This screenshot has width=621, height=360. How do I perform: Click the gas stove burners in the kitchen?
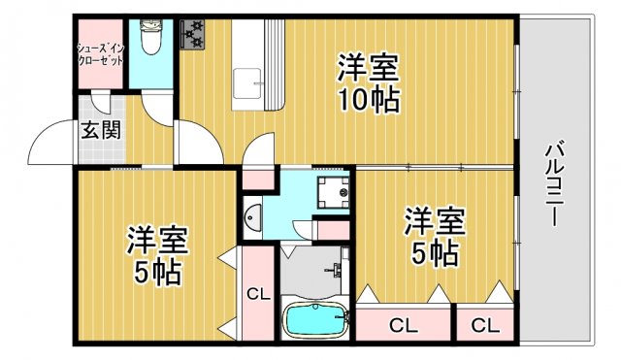(192, 35)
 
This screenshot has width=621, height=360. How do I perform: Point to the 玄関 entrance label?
(100, 129)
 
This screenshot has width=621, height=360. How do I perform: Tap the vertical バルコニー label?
(554, 184)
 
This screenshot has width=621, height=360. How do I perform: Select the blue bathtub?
(312, 320)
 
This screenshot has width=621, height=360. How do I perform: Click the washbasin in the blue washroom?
(251, 220)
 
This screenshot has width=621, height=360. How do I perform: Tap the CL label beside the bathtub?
(256, 294)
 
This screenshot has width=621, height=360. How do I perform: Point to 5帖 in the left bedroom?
(156, 273)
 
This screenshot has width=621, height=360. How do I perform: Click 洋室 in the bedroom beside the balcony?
(435, 221)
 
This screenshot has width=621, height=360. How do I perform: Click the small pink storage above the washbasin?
(257, 179)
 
